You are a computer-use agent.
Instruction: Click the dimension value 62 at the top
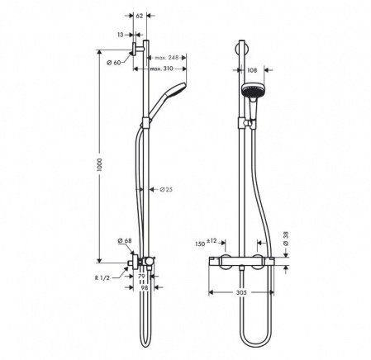139,16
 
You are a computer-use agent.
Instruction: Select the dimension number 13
120,35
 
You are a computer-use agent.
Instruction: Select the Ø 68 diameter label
126,241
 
